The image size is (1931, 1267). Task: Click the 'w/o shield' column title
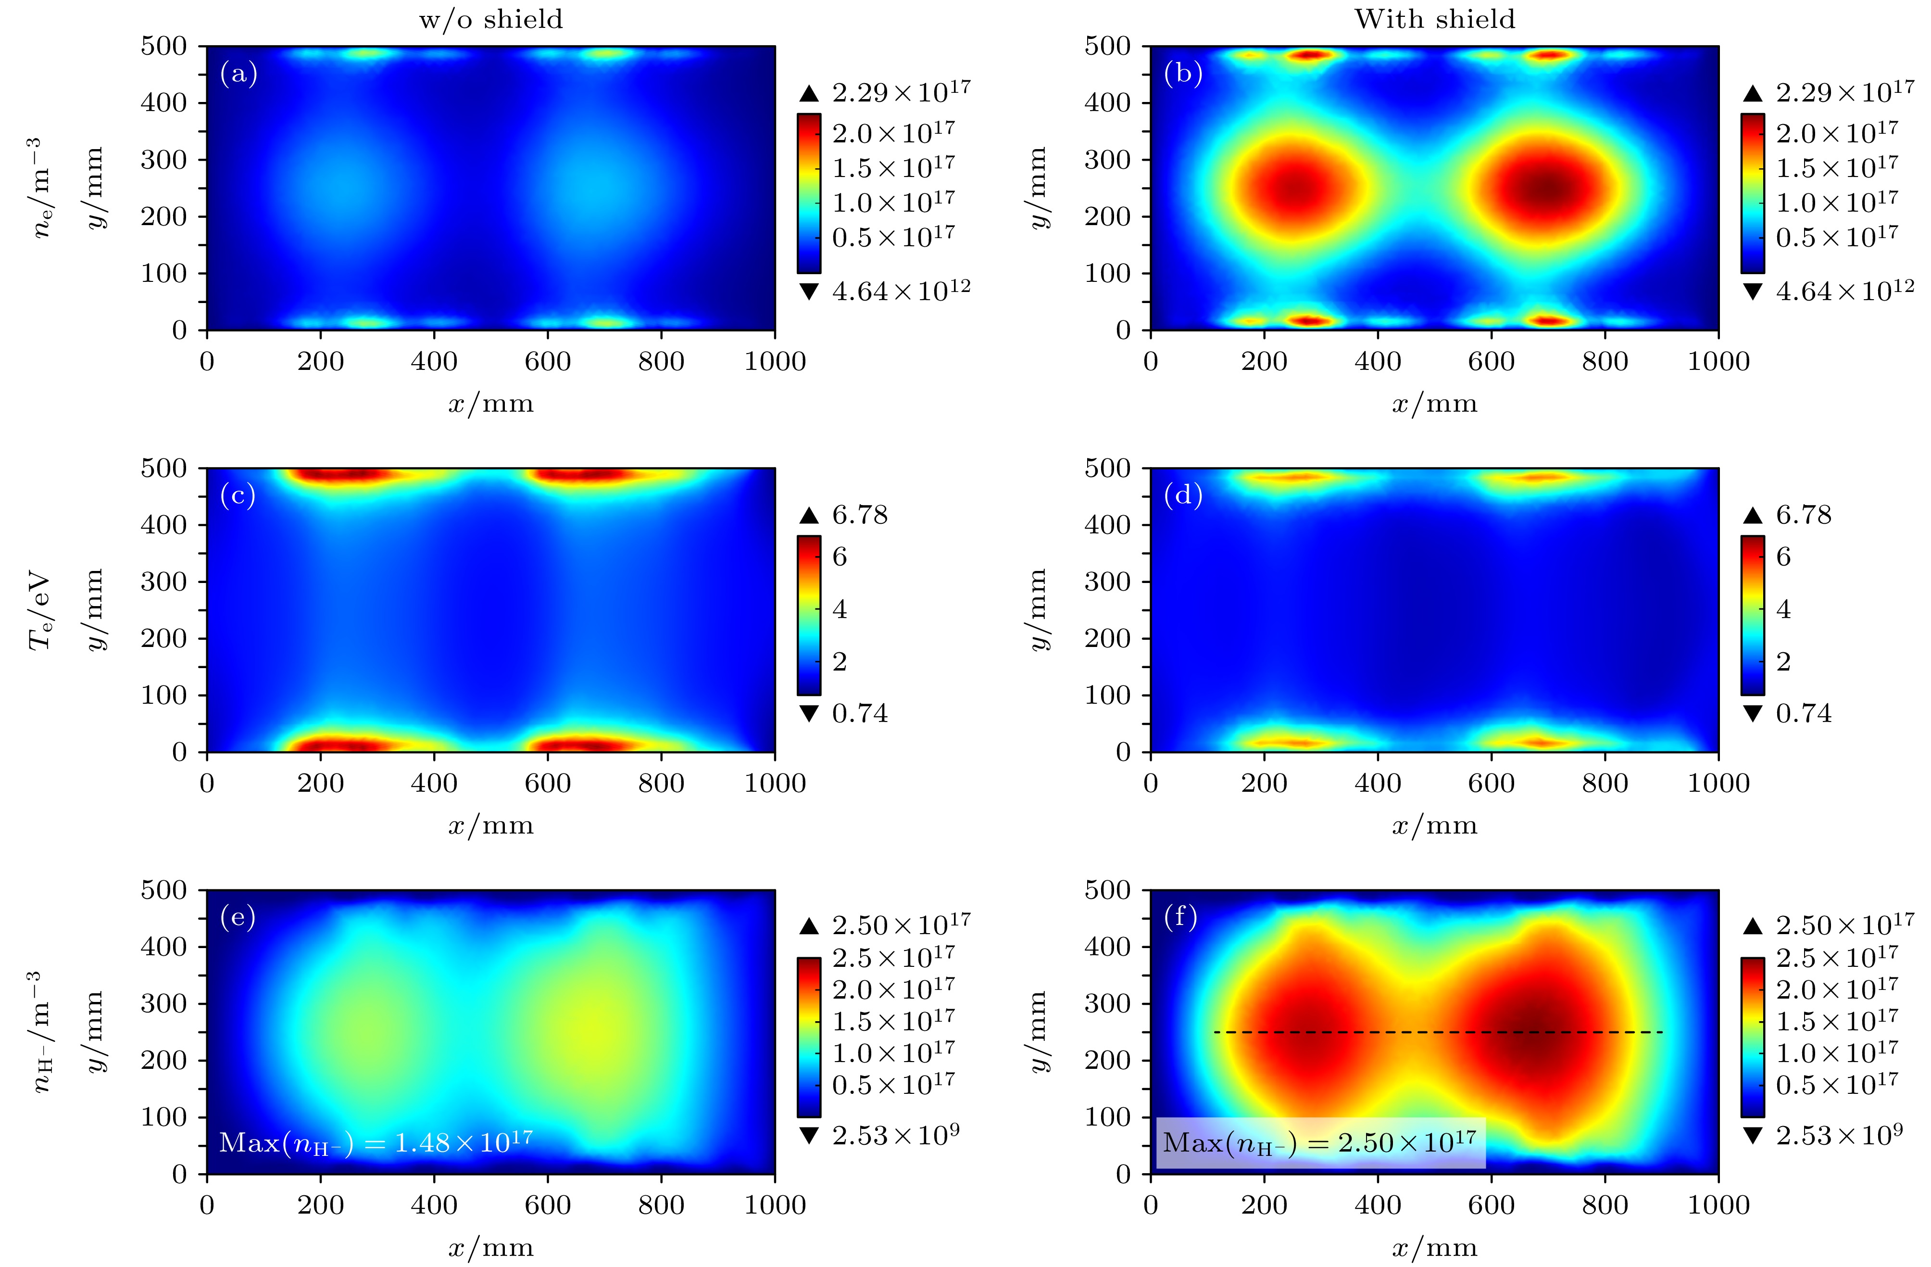click(x=491, y=19)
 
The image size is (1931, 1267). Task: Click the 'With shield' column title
click(x=1434, y=19)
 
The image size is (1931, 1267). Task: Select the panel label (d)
click(x=1182, y=495)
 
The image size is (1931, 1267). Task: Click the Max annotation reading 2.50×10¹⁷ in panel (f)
click(x=1320, y=1143)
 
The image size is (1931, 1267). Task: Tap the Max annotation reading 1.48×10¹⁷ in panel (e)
click(x=376, y=1143)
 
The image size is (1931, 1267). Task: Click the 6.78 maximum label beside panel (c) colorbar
click(x=860, y=515)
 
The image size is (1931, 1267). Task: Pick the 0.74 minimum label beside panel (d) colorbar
click(x=1804, y=713)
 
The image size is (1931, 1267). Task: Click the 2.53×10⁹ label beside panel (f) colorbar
click(x=1839, y=1135)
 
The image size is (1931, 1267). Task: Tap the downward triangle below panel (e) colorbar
click(x=809, y=1136)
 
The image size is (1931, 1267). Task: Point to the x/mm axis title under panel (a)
click(x=491, y=404)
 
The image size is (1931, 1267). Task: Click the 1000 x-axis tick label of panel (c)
click(x=775, y=783)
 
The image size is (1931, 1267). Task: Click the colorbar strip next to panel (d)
click(x=1753, y=615)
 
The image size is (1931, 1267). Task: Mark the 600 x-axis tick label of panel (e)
click(x=548, y=1205)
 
